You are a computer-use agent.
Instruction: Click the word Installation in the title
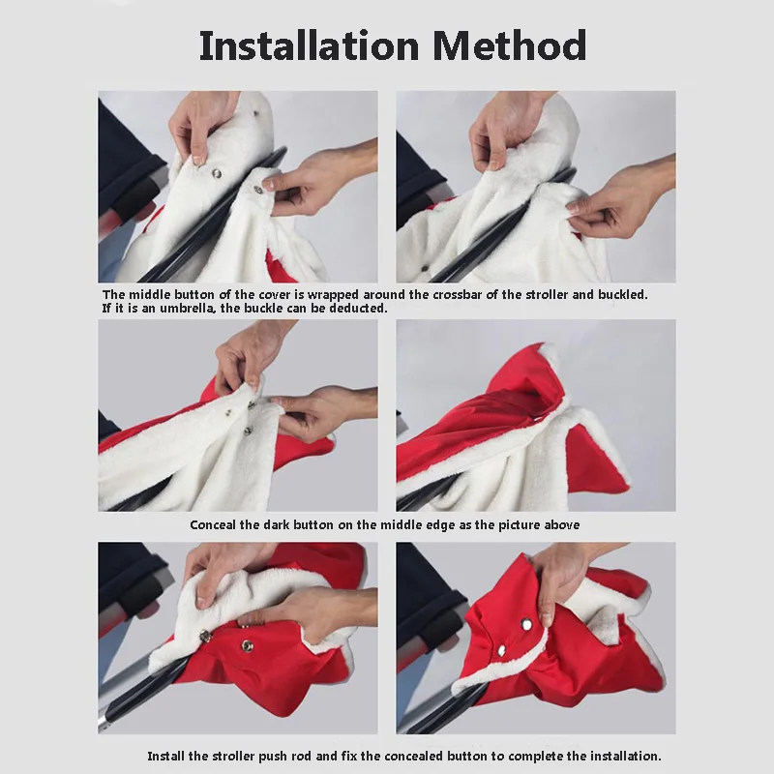pyautogui.click(x=309, y=45)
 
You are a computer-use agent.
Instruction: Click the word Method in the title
pyautogui.click(x=510, y=45)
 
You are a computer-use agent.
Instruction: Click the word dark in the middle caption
pyautogui.click(x=277, y=524)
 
